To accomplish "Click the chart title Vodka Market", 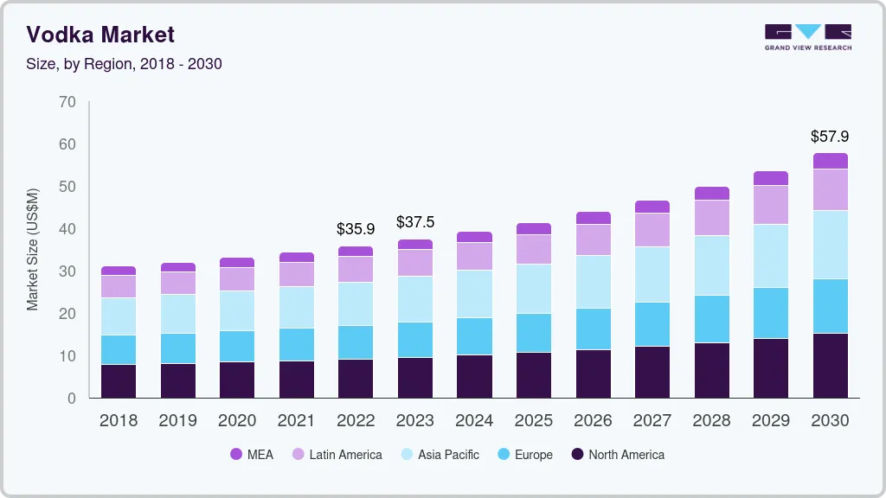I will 100,35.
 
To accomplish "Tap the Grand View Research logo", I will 807,36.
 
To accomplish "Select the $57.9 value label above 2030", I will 830,137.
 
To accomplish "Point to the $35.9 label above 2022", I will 356,230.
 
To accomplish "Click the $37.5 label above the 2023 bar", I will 415,222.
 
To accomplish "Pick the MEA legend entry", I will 252,455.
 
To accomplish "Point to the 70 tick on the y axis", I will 67,102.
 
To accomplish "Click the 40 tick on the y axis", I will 67,229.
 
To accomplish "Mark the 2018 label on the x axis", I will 118,421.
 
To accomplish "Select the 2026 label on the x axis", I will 593,421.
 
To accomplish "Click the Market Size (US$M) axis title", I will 33,249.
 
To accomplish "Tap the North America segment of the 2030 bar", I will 830,366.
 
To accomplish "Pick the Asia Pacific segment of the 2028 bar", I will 711,265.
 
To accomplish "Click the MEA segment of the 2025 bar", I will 534,229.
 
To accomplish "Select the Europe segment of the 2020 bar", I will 237,346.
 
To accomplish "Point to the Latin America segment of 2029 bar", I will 771,205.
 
